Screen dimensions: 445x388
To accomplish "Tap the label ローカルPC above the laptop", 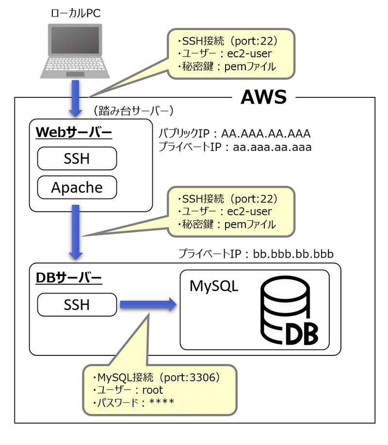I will click(76, 13).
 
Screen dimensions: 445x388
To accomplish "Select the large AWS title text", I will click(264, 97).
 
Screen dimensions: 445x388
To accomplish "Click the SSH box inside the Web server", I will click(77, 158).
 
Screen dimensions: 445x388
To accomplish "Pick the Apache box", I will click(77, 187).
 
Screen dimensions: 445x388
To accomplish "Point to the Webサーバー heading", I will click(73, 133).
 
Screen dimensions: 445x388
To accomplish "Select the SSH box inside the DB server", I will click(77, 305).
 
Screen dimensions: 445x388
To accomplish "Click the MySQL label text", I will click(214, 286).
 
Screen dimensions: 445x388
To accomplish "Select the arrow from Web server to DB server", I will click(75, 231).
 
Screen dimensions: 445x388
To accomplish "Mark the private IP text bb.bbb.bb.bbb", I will click(293, 253).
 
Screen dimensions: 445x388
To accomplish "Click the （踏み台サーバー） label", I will click(132, 111).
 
